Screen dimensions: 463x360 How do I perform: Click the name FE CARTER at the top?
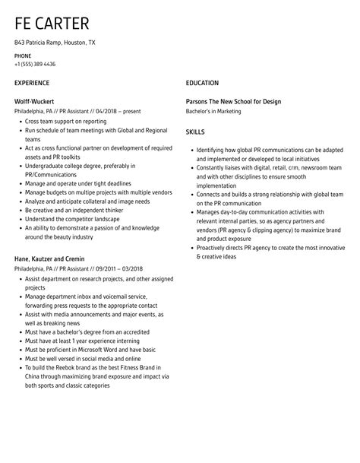pyautogui.click(x=51, y=24)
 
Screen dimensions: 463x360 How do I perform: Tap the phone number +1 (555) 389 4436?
pyautogui.click(x=35, y=64)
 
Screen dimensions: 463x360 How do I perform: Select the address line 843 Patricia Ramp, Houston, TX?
pyautogui.click(x=55, y=43)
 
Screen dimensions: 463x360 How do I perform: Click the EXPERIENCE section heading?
pyautogui.click(x=32, y=83)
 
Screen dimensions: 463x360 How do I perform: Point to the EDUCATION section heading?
pyautogui.click(x=202, y=83)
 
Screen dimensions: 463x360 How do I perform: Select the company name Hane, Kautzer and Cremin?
pyautogui.click(x=50, y=258)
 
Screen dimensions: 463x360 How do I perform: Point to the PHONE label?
pyautogui.click(x=23, y=55)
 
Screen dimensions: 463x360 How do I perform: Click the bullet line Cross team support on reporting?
pyautogui.click(x=67, y=121)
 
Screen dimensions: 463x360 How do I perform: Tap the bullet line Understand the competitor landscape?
pyautogui.click(x=71, y=218)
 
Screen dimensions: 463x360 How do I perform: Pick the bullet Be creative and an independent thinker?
pyautogui.click(x=72, y=209)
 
